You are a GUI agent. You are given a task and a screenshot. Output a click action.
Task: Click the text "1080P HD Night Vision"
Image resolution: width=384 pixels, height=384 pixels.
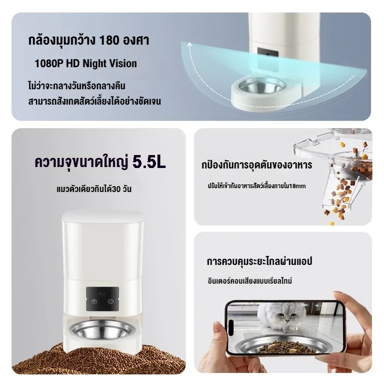tap(85, 63)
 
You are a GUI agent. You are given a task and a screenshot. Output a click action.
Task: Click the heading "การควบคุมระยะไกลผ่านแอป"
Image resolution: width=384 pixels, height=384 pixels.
tap(260, 262)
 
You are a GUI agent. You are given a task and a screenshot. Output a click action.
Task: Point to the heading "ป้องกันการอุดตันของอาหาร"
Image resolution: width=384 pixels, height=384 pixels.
tap(257, 166)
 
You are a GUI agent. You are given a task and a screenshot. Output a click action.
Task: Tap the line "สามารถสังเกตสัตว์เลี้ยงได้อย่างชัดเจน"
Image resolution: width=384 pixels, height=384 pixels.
tap(94, 102)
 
